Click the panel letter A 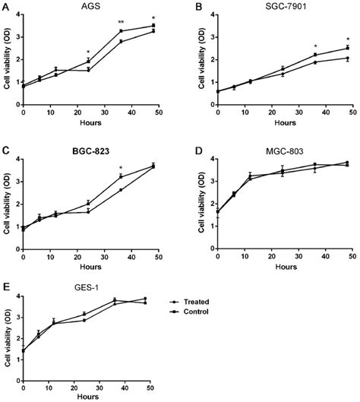(6, 6)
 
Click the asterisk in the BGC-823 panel (121, 168)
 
